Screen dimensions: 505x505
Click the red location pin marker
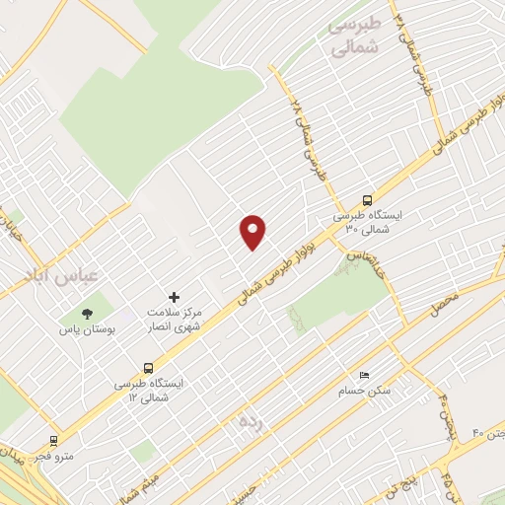(x=253, y=232)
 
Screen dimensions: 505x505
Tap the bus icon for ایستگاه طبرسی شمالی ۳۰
(x=368, y=198)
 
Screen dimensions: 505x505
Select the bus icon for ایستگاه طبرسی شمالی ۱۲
(x=148, y=368)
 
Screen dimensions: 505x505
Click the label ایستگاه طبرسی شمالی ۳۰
(x=362, y=223)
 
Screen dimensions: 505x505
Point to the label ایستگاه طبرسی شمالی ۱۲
(x=144, y=392)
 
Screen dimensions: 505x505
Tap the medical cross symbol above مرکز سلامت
(x=175, y=297)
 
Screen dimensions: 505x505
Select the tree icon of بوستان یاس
(x=87, y=314)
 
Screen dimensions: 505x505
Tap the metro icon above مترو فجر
(x=53, y=441)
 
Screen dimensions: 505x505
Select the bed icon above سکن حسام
(x=365, y=375)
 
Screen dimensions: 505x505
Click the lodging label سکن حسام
(x=370, y=392)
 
